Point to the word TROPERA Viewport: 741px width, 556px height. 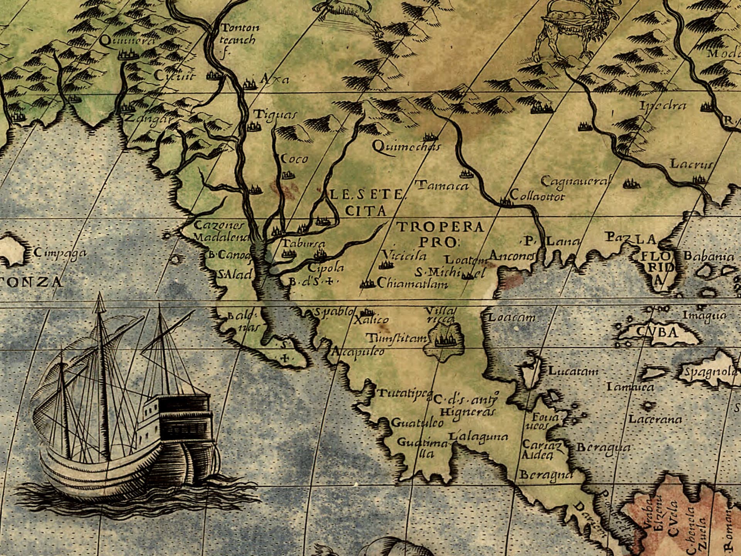click(440, 227)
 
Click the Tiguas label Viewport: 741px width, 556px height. click(275, 115)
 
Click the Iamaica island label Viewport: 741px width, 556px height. click(630, 386)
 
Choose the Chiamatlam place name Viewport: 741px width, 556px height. click(412, 284)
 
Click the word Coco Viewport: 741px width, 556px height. click(294, 159)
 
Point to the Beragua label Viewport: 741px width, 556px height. click(603, 448)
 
